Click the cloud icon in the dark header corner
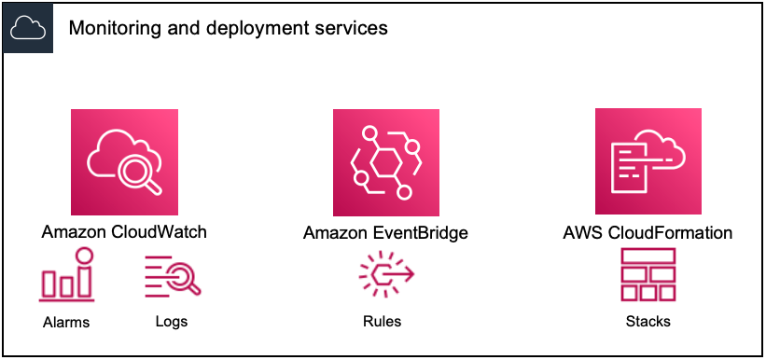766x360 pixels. click(27, 28)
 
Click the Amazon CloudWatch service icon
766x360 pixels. click(124, 162)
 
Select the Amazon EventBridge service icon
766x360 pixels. click(386, 162)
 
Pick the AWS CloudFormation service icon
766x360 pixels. click(648, 162)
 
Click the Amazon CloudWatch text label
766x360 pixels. click(124, 232)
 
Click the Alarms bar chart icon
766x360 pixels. click(66, 276)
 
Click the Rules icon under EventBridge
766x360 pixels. click(385, 277)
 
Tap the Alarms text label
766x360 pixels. click(66, 323)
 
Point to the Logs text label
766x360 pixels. click(172, 322)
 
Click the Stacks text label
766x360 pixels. click(648, 322)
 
